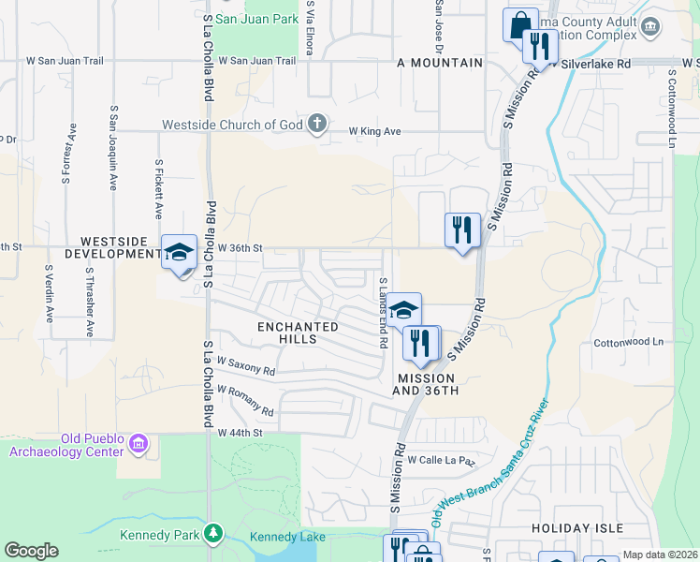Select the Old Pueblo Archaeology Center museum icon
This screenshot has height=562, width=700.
click(139, 442)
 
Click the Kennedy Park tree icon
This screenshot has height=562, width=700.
click(215, 535)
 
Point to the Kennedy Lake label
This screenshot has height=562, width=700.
click(287, 537)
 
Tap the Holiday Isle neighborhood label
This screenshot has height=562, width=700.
click(576, 528)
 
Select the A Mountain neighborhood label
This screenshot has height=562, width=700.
click(440, 63)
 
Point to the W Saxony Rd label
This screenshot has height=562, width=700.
click(245, 365)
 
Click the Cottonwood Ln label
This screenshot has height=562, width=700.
click(628, 343)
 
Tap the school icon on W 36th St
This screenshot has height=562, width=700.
click(179, 252)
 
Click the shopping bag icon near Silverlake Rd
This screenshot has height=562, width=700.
click(520, 25)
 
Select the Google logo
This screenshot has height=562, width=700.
click(31, 551)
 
